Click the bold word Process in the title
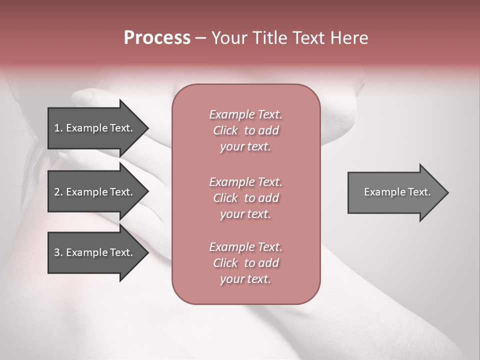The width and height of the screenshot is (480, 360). point(157,38)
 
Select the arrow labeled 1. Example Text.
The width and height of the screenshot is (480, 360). point(95,128)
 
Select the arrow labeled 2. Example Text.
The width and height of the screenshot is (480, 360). point(95,192)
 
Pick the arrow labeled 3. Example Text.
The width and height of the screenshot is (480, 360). point(95,252)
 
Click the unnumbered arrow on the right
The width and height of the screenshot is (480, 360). point(395,192)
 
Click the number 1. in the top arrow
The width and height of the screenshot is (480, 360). point(58,128)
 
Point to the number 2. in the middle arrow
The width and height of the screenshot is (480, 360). point(58,192)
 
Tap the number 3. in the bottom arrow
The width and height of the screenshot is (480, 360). point(58,252)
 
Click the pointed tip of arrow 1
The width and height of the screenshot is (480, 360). point(147,128)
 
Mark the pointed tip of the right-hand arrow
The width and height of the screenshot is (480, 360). point(447,192)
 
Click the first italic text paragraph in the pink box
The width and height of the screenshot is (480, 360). point(245,130)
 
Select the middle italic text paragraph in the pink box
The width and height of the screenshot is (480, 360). point(245,198)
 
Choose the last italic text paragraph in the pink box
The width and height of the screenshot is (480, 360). point(245,263)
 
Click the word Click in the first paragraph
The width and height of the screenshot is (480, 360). point(225,131)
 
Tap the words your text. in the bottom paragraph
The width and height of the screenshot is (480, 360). point(245,279)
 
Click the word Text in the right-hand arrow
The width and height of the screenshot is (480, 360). point(419,192)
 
